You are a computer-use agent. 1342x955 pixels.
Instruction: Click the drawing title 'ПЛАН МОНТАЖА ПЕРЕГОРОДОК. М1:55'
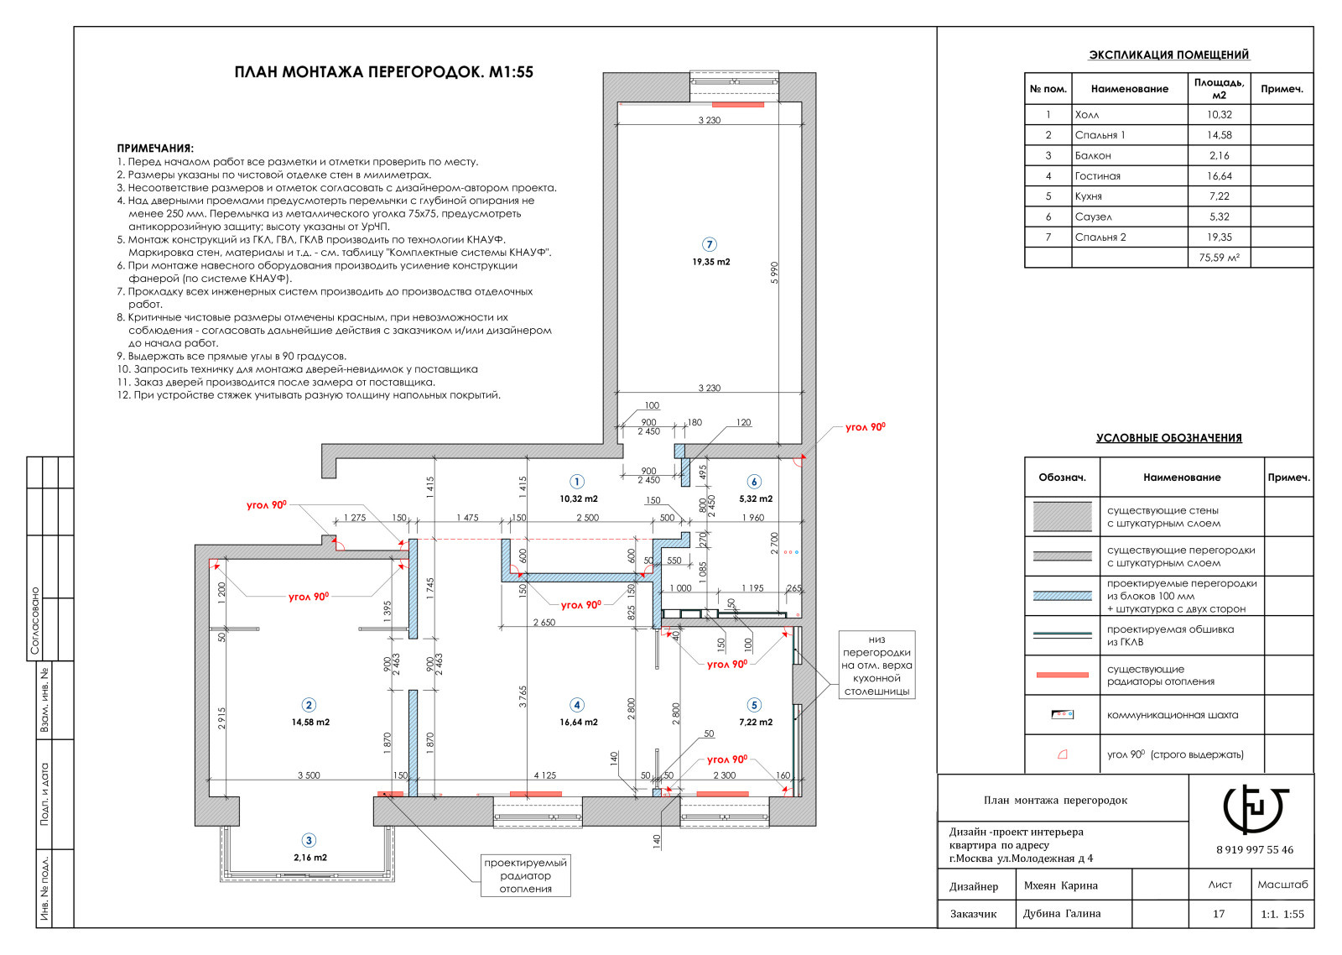[x=383, y=72]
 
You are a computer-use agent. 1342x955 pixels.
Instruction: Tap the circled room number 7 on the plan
[x=710, y=244]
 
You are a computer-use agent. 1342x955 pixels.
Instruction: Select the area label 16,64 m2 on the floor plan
[x=579, y=723]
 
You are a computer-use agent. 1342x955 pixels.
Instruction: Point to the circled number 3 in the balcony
[x=309, y=841]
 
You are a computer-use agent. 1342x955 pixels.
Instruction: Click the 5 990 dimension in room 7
[x=774, y=273]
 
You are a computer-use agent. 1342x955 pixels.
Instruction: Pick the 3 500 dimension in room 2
[x=309, y=775]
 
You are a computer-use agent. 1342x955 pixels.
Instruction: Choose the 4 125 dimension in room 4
[x=545, y=775]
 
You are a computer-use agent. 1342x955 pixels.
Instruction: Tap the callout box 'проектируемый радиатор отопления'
[x=525, y=875]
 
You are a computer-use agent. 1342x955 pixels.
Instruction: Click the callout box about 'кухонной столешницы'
[x=876, y=665]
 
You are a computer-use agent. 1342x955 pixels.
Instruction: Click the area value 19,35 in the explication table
[x=1220, y=237]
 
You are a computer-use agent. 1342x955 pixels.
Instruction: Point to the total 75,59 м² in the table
[x=1220, y=258]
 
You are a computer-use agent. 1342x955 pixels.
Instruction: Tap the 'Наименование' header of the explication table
[x=1129, y=89]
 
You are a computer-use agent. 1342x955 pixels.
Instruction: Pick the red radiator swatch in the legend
[x=1062, y=675]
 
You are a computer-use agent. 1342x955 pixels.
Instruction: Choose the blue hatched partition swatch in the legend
[x=1062, y=596]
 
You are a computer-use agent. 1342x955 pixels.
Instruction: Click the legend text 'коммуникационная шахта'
[x=1173, y=715]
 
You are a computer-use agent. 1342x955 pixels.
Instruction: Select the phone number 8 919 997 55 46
[x=1255, y=849]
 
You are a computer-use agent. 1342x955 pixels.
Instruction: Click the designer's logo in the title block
[x=1255, y=809]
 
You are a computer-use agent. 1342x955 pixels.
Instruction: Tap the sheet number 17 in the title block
[x=1219, y=914]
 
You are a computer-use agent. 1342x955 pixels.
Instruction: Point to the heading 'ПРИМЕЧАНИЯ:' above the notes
[x=155, y=148]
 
